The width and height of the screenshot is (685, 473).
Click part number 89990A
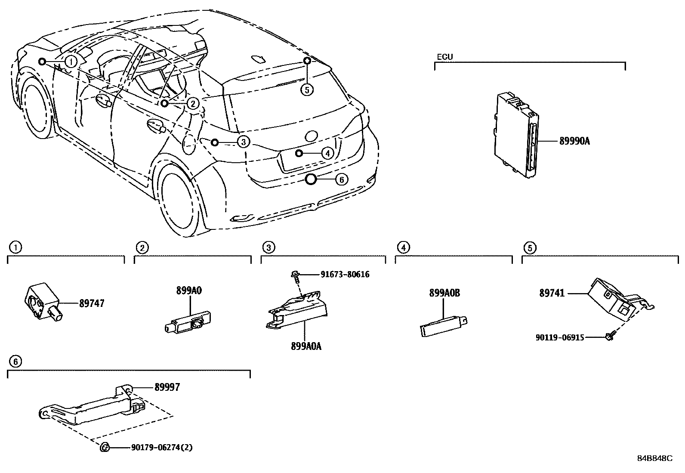pyautogui.click(x=574, y=141)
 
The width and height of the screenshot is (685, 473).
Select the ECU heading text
pyautogui.click(x=444, y=57)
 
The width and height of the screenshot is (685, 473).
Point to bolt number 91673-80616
pyautogui.click(x=345, y=275)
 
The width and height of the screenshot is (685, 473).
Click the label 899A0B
pyautogui.click(x=444, y=293)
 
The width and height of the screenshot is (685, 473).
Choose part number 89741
pyautogui.click(x=552, y=293)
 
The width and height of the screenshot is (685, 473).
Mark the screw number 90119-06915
pyautogui.click(x=559, y=338)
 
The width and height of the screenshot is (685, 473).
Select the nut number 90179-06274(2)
pyautogui.click(x=161, y=448)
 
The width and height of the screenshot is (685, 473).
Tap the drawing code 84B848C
pyautogui.click(x=654, y=458)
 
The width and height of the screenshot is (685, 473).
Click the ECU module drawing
pyautogui.click(x=516, y=134)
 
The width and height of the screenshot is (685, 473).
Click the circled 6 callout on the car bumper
pyautogui.click(x=341, y=179)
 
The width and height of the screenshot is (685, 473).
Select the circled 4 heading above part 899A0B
pyautogui.click(x=403, y=247)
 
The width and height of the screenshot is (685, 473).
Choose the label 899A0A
pyautogui.click(x=305, y=346)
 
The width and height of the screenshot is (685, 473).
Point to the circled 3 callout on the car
pyautogui.click(x=243, y=142)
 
